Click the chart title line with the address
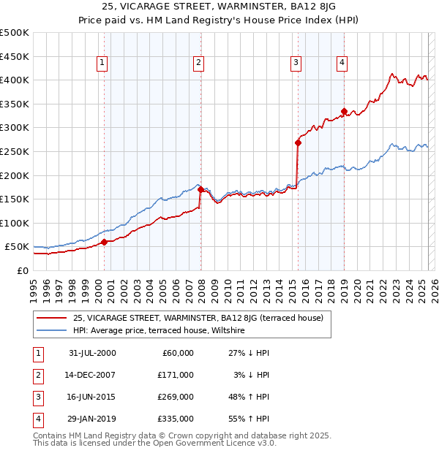point(219,8)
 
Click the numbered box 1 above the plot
point(102,64)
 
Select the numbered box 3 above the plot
point(296,64)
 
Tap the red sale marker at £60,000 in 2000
point(104,242)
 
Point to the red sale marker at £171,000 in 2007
point(200,189)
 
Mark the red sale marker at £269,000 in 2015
point(298,143)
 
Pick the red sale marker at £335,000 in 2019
point(344,112)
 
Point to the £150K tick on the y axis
point(15,199)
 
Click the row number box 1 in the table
point(36,353)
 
